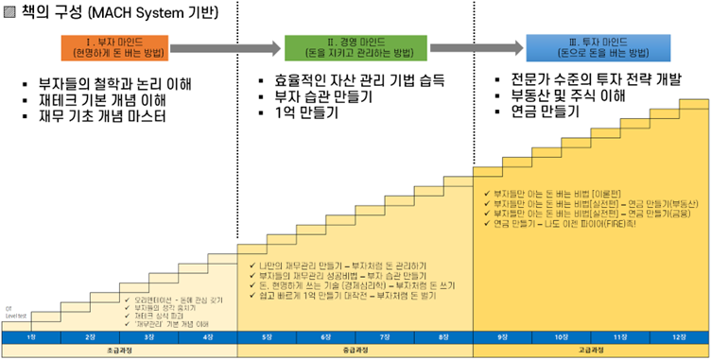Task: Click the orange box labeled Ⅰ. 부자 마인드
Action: [x=116, y=45]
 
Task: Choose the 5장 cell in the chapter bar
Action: [x=266, y=336]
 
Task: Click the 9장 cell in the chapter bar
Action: [x=502, y=336]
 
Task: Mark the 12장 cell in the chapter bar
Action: [x=679, y=336]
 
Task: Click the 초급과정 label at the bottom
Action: [x=118, y=351]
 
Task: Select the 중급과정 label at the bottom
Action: [x=355, y=351]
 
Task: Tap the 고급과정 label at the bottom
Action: [x=591, y=351]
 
